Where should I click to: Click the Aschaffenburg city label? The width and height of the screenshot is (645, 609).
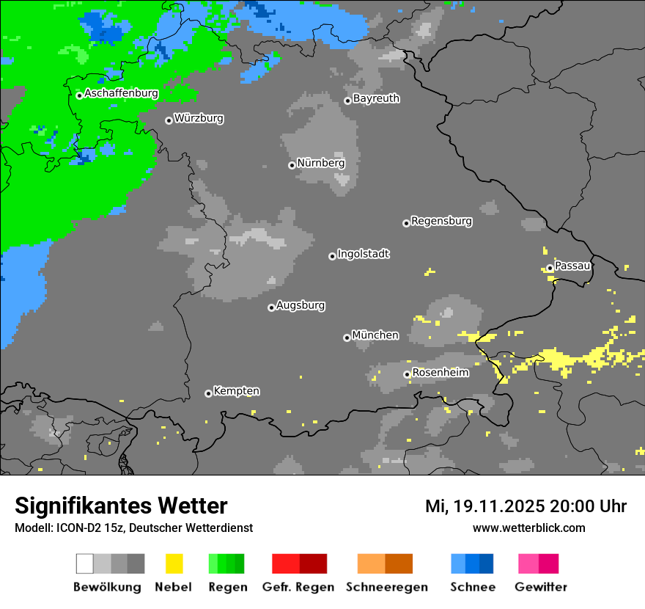[121, 94]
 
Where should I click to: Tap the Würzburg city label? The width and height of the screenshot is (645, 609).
[199, 119]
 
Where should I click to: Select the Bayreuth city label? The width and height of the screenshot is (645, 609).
[376, 99]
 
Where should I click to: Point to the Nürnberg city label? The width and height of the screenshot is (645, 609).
[321, 164]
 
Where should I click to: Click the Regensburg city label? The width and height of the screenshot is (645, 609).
[441, 221]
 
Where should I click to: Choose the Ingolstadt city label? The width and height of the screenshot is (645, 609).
[363, 255]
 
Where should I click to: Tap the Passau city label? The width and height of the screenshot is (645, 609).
[572, 266]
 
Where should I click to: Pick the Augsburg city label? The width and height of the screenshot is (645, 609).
[301, 306]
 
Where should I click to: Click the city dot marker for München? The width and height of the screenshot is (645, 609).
[347, 338]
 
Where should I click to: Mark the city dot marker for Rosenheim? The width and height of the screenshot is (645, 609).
[407, 374]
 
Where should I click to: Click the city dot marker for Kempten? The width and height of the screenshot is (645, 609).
[208, 393]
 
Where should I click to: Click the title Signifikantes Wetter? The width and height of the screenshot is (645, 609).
[121, 506]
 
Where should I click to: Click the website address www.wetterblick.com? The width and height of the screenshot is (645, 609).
[528, 528]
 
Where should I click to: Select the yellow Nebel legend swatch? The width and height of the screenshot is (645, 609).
[174, 564]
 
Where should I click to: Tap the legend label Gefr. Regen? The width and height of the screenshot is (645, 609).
[298, 587]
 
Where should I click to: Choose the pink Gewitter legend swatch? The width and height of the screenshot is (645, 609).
[528, 564]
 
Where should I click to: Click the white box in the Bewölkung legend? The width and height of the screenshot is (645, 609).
[85, 564]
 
